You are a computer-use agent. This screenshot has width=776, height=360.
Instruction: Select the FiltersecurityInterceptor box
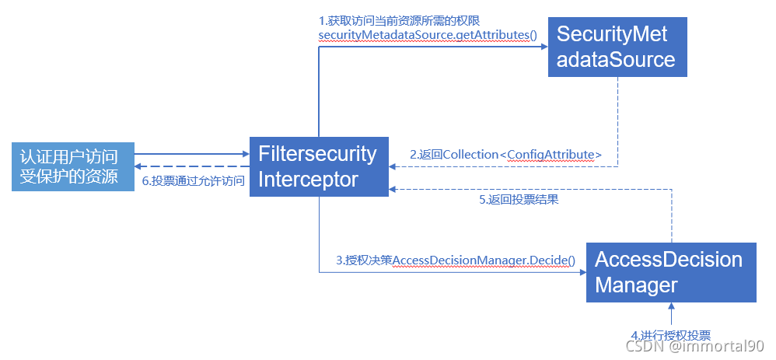click(x=318, y=166)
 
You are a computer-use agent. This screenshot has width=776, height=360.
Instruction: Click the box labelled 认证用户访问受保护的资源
click(x=72, y=166)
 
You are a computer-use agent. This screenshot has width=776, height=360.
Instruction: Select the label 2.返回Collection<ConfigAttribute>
click(x=506, y=155)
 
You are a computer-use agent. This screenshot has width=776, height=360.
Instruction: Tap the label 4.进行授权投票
click(x=670, y=336)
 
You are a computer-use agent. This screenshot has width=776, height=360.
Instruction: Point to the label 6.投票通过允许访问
click(x=192, y=180)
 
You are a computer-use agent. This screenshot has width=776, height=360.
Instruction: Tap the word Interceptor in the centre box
click(x=308, y=180)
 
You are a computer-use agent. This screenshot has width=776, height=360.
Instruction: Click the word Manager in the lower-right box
click(x=636, y=285)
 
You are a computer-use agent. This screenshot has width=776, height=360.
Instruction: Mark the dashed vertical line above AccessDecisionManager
click(x=671, y=218)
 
